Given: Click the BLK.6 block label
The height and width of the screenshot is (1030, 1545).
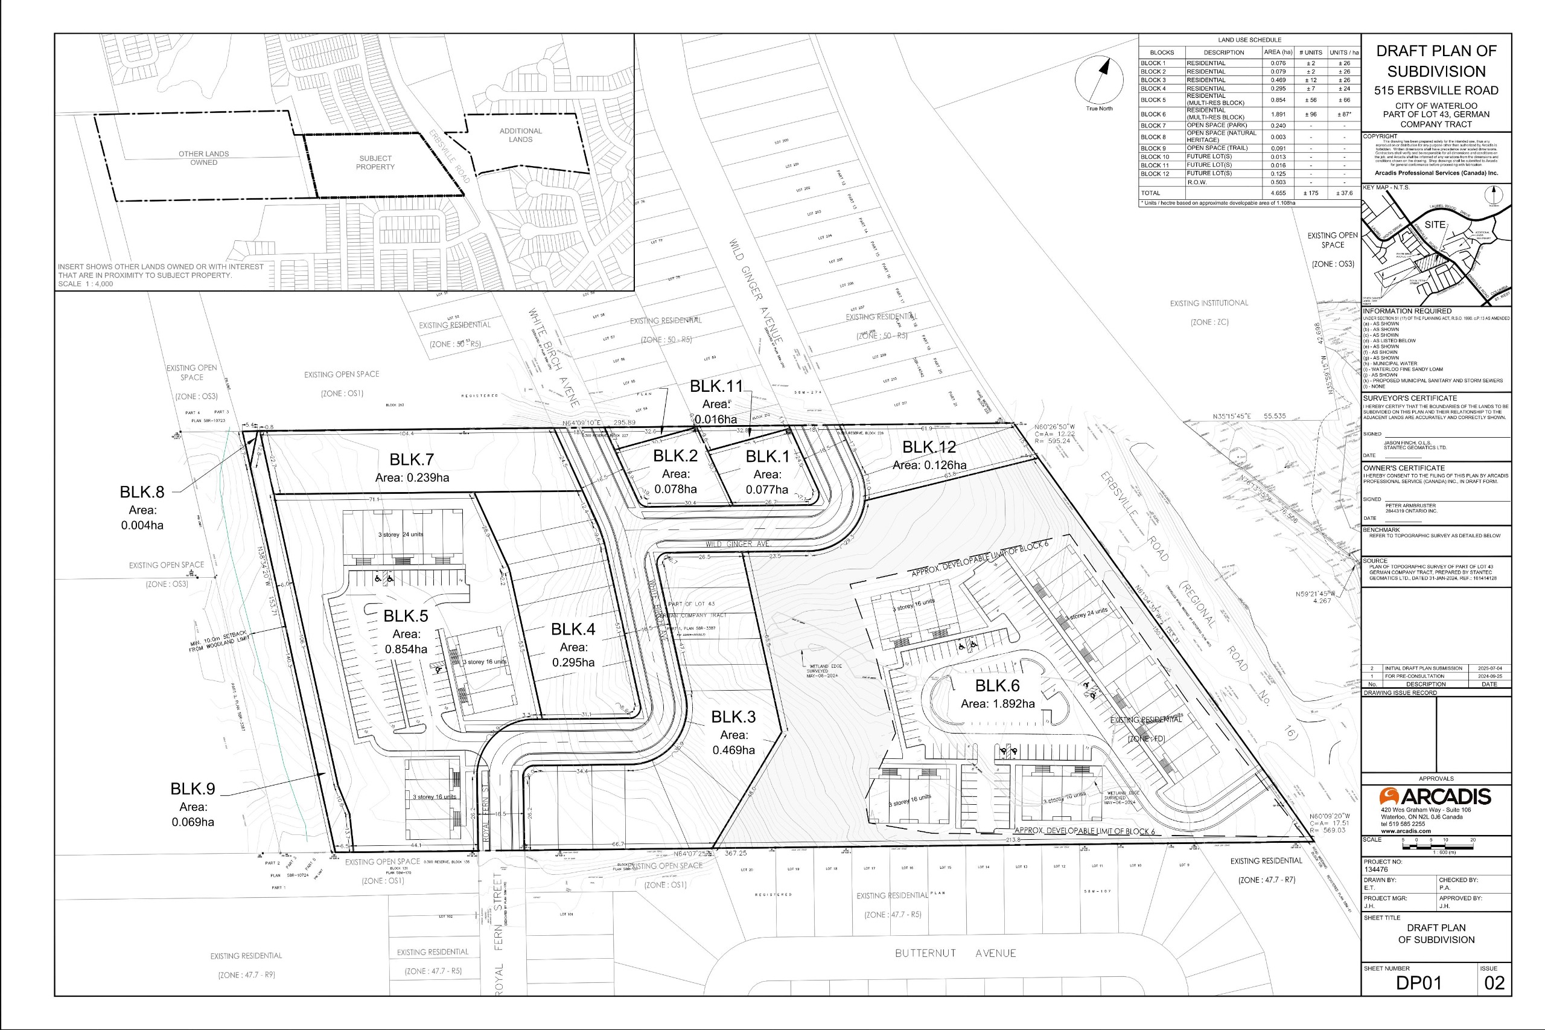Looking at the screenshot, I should click(x=997, y=686).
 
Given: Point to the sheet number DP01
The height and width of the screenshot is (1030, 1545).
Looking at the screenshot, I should click(x=1418, y=983).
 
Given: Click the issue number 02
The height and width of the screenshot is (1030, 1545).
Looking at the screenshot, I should click(x=1494, y=983).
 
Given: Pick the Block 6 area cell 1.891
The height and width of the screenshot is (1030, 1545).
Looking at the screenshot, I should click(x=1278, y=114).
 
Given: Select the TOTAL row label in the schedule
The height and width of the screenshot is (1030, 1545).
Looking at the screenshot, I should click(x=1150, y=193).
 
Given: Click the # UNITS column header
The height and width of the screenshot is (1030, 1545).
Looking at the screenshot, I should click(x=1311, y=53).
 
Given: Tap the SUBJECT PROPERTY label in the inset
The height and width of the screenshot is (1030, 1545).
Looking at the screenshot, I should click(x=375, y=163).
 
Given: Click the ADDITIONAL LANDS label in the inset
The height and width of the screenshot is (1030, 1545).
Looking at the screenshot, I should click(x=521, y=135).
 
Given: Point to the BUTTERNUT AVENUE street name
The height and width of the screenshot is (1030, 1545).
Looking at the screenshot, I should click(x=955, y=953).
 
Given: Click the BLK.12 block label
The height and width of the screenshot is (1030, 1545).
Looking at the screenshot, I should click(x=929, y=447).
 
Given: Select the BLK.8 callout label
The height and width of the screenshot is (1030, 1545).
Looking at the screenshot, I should click(x=142, y=492).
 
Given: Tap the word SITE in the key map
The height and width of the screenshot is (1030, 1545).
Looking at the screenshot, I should click(x=1435, y=225).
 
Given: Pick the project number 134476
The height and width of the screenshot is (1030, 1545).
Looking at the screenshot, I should click(x=1375, y=869).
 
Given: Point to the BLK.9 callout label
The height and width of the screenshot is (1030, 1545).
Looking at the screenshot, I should click(x=193, y=789).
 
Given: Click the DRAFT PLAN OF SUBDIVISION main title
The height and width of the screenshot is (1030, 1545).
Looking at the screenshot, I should click(x=1436, y=61).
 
